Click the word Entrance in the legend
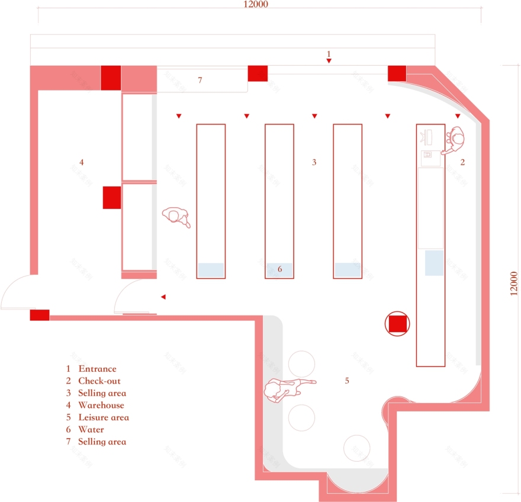pos(97,369)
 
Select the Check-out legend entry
pos(99,381)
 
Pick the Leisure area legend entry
pos(103,417)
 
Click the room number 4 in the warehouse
pos(82,162)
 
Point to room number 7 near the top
pos(200,80)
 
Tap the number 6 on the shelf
pos(280,269)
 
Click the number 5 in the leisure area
pos(347,381)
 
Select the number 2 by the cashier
pos(463,162)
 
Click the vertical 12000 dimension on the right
pos(514,284)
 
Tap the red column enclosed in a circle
pos(397,324)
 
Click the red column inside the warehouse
pos(112,197)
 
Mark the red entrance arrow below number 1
pos(329,61)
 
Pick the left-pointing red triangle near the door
pos(163,297)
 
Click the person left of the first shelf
pos(177,217)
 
